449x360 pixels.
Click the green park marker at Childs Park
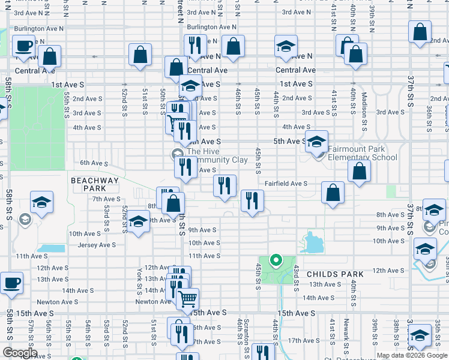(276, 260)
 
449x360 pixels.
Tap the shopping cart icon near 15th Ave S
(188, 298)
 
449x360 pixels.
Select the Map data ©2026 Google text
(412, 355)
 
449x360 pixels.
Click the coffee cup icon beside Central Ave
(24, 46)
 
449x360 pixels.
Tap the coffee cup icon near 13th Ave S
(11, 282)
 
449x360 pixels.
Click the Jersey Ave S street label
(97, 245)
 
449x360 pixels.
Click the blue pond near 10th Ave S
(312, 243)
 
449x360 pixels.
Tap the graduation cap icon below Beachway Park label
(41, 202)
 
